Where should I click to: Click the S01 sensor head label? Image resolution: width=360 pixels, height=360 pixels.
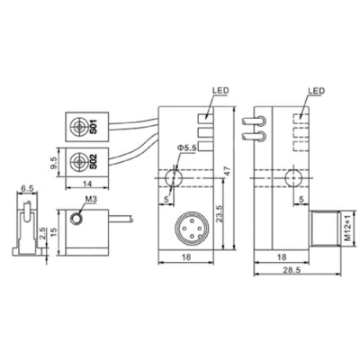[x=94, y=127]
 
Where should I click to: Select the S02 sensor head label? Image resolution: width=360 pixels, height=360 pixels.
[x=94, y=162]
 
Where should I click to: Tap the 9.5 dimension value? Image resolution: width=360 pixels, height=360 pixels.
[x=54, y=163]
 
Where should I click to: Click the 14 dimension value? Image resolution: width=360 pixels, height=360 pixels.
[x=87, y=184]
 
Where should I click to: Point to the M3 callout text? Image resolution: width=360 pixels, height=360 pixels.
[x=92, y=199]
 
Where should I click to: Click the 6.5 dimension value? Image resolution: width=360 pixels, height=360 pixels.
[x=27, y=189]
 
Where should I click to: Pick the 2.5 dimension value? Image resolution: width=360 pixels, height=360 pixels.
[x=43, y=234]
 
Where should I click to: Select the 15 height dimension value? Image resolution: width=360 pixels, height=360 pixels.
[x=54, y=231]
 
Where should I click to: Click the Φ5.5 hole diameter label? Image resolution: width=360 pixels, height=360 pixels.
[x=186, y=148]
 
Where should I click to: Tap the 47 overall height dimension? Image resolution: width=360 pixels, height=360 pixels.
[x=228, y=172]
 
